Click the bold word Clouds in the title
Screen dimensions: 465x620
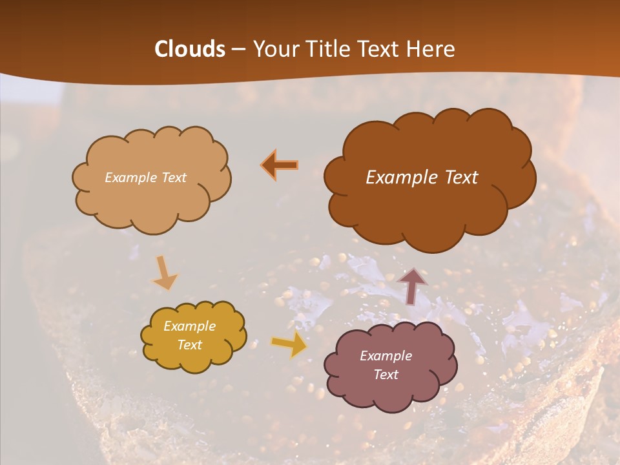pos(190,49)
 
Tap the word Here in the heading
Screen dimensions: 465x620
pos(432,49)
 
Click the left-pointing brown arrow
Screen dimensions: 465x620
pos(280,165)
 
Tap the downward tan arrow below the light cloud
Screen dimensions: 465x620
pos(163,273)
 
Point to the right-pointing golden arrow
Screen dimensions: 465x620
pos(289,345)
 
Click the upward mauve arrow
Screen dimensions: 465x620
pos(412,285)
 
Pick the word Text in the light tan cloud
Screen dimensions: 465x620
pos(173,178)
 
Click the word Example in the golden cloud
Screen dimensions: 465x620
pos(189,327)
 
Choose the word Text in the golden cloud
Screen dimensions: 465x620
pos(189,345)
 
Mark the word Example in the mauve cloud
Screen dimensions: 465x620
pos(386,356)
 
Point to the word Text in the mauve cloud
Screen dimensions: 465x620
pos(386,375)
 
